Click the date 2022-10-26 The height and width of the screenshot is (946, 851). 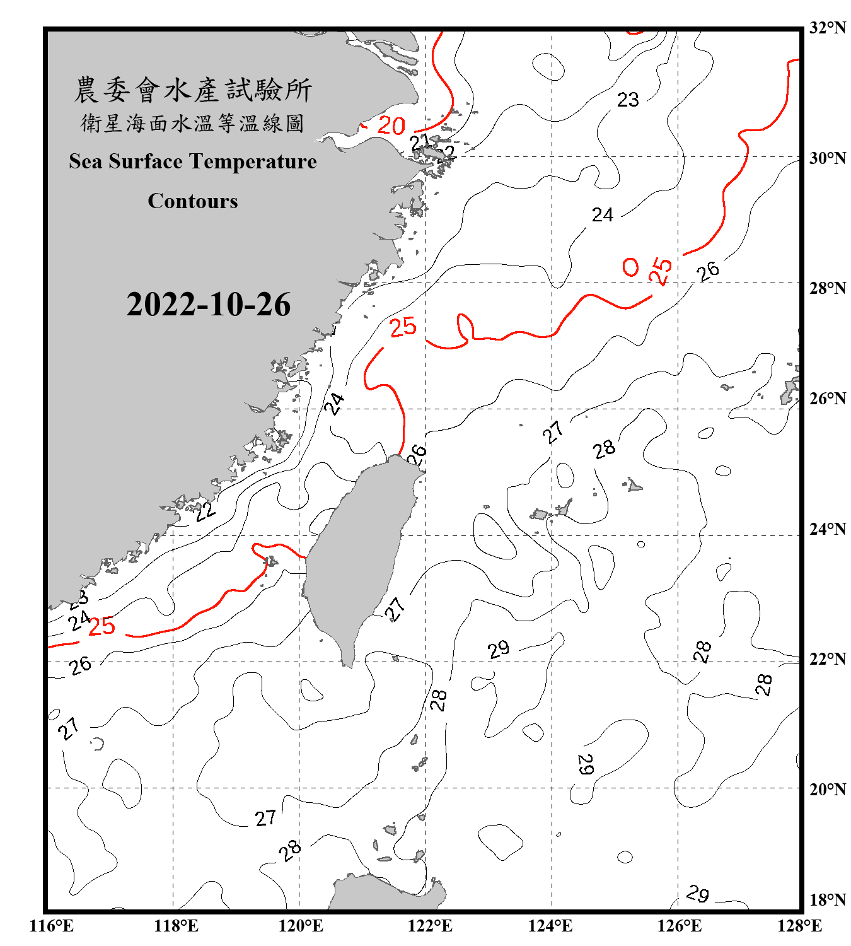tap(208, 305)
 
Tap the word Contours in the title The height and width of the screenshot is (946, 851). tap(193, 201)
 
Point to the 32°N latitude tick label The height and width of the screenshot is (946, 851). tap(827, 28)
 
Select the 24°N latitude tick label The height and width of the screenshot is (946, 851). tap(827, 529)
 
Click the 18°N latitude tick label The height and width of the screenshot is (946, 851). tap(827, 900)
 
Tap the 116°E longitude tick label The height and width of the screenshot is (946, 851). tap(51, 926)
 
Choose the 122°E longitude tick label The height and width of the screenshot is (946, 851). tap(430, 926)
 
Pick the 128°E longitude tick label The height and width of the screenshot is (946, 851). tap(799, 926)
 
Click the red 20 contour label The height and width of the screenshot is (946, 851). tap(391, 126)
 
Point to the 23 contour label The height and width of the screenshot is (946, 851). tap(628, 100)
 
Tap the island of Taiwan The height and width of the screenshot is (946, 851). tap(359, 555)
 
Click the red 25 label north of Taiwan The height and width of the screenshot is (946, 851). tap(403, 327)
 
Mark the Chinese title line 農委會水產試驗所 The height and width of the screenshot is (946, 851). tap(193, 90)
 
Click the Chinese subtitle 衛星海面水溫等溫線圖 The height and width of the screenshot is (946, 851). tap(193, 123)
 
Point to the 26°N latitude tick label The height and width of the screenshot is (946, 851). tap(827, 399)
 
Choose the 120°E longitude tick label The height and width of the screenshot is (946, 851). tap(301, 926)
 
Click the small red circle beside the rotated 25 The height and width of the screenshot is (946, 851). tap(630, 267)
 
